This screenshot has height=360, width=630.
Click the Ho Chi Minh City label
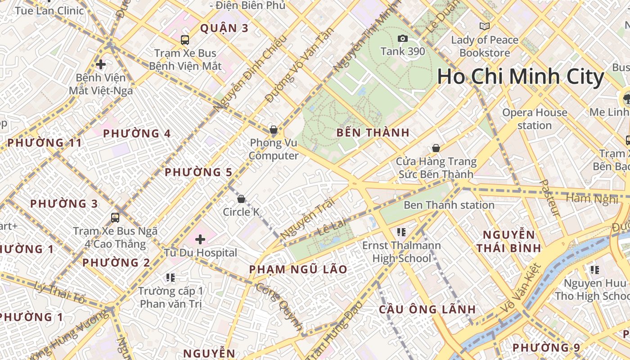point(520,77)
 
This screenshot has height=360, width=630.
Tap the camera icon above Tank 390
point(403,39)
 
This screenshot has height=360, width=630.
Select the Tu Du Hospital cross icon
point(200,239)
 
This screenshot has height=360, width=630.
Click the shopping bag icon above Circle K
point(241,198)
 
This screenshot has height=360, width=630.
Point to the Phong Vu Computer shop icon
point(273,130)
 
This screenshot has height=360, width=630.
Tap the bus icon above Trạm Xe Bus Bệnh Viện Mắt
point(185,40)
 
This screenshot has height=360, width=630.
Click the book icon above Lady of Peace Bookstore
point(484,27)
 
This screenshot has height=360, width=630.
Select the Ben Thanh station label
point(449,205)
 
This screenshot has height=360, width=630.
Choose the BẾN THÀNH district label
point(373,133)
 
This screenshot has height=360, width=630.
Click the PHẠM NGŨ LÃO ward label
point(298,270)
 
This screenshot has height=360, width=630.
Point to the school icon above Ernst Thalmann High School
point(401,232)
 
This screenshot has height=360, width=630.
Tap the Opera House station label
point(535,119)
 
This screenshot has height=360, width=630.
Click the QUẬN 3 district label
point(224,28)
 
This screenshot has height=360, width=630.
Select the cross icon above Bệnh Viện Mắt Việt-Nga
point(101,64)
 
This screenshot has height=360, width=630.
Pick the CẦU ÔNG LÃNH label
point(427,310)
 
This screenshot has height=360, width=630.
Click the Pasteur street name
point(550,198)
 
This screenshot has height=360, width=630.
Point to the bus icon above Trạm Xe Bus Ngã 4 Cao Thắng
point(115,218)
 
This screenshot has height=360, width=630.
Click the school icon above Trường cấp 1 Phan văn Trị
point(170,277)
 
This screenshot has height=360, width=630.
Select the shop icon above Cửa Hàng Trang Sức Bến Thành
point(436,148)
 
